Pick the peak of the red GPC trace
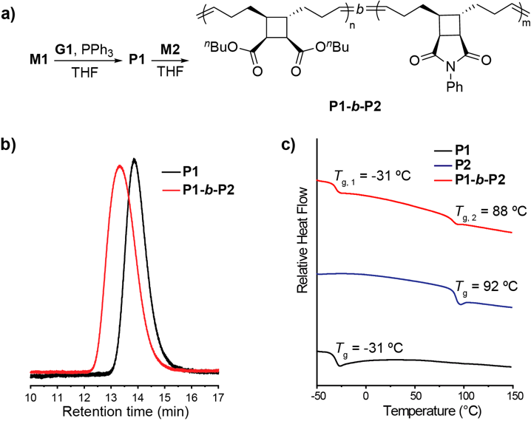119,166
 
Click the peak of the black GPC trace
134,160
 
